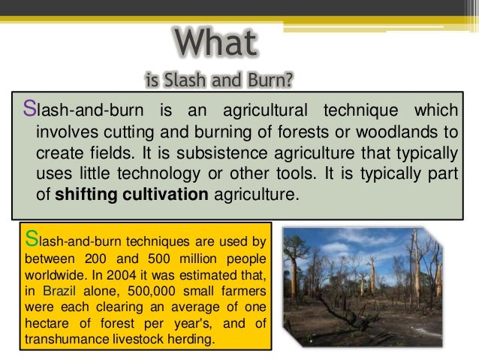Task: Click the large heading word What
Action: click(x=215, y=44)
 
